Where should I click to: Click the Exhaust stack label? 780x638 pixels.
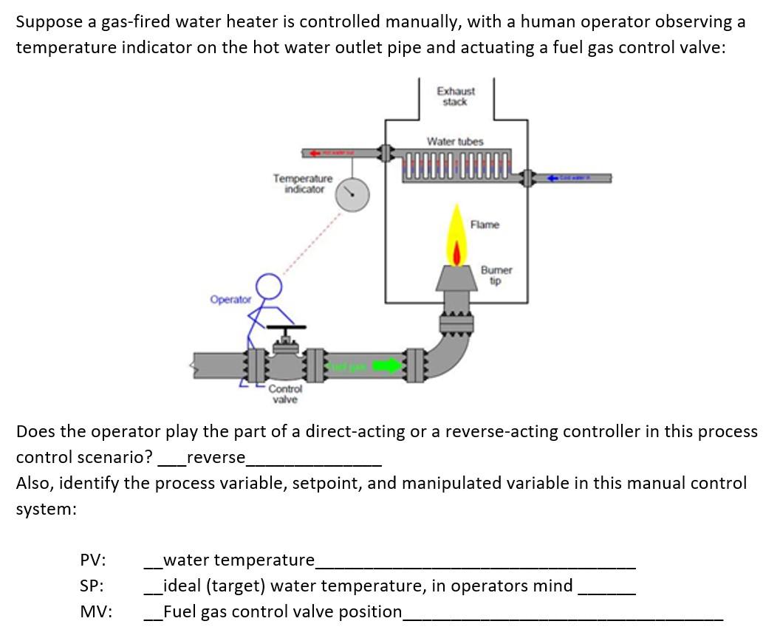point(455,97)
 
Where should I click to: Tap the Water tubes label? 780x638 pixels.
point(455,140)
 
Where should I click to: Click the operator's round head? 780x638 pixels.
point(268,284)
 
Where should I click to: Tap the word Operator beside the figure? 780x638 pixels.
point(230,300)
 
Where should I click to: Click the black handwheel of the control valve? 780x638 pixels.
point(286,327)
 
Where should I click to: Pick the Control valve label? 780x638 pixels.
point(285,394)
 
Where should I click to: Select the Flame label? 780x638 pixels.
point(485,224)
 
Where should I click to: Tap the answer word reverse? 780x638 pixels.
point(216,457)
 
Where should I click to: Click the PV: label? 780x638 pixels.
point(92,560)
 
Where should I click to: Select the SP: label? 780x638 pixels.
point(92,586)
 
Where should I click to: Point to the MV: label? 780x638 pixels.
point(95,611)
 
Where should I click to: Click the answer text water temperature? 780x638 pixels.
point(238,560)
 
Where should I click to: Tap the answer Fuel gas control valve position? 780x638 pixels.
point(282,611)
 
